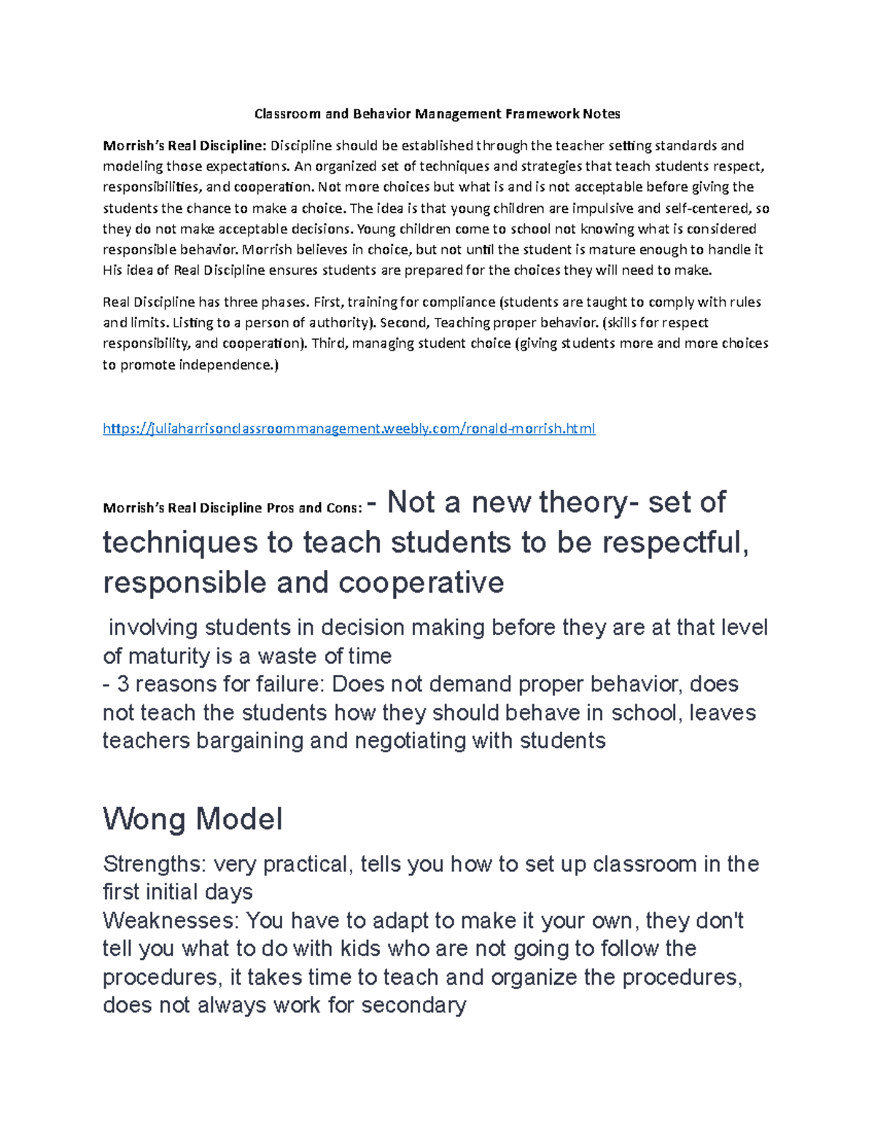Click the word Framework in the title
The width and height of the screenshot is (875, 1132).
(540, 114)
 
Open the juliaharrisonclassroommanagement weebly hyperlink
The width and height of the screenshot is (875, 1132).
(349, 429)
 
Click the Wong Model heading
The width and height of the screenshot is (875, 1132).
(192, 819)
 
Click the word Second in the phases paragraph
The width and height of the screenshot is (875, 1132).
(400, 322)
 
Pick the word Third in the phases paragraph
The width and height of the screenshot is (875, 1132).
(330, 343)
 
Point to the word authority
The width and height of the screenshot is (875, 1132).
(341, 322)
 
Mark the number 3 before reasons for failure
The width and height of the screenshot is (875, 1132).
(122, 684)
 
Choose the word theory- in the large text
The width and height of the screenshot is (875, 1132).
(587, 502)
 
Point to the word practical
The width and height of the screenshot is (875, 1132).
(305, 864)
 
